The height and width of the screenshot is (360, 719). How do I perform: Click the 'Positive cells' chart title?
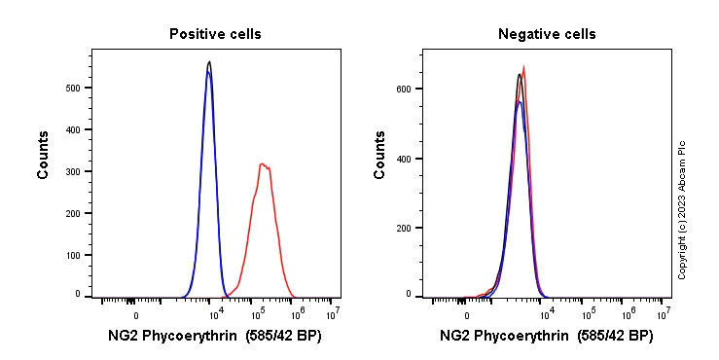pyautogui.click(x=215, y=34)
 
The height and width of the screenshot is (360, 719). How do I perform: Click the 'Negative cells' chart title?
pyautogui.click(x=547, y=34)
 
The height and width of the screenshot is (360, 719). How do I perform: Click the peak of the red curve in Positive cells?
pyautogui.click(x=262, y=164)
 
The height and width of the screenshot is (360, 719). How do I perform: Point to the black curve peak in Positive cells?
pyautogui.click(x=209, y=61)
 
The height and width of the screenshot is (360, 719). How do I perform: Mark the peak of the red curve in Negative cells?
pyautogui.click(x=524, y=67)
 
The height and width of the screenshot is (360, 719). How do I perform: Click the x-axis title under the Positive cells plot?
pyautogui.click(x=215, y=337)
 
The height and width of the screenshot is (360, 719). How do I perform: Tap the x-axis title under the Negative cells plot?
pyautogui.click(x=547, y=337)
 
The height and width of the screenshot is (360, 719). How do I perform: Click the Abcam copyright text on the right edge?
pyautogui.click(x=682, y=209)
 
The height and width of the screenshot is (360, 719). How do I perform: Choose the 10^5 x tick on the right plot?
pyautogui.click(x=588, y=314)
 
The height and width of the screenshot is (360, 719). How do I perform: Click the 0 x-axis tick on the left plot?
pyautogui.click(x=135, y=314)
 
